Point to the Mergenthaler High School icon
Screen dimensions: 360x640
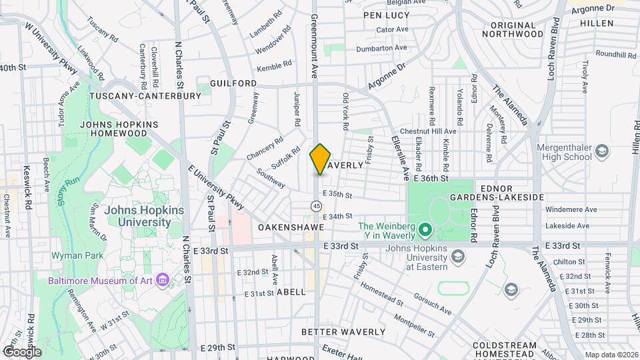pyautogui.click(x=603, y=151)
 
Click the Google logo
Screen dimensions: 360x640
pyautogui.click(x=21, y=351)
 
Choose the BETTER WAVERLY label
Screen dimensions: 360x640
pyautogui.click(x=343, y=331)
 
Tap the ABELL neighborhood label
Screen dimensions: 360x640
pyautogui.click(x=291, y=292)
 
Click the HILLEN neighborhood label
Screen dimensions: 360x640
pyautogui.click(x=596, y=23)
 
